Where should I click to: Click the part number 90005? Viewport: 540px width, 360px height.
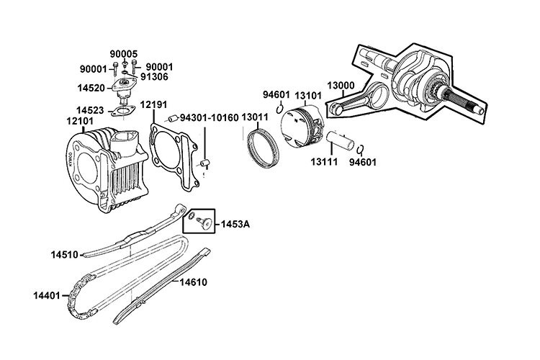[123, 54]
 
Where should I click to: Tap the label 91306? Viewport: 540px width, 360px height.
[155, 75]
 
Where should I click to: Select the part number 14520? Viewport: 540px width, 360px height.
[91, 88]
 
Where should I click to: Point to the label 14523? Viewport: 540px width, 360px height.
[91, 110]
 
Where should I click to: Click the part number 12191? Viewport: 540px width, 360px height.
[153, 104]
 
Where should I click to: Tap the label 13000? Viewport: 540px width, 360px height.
[341, 85]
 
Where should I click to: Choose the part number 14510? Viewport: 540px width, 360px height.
[65, 254]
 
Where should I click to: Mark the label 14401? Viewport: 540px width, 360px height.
[48, 295]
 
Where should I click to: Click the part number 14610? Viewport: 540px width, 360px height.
[193, 282]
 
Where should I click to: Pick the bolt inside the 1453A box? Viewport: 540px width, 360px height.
[207, 223]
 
